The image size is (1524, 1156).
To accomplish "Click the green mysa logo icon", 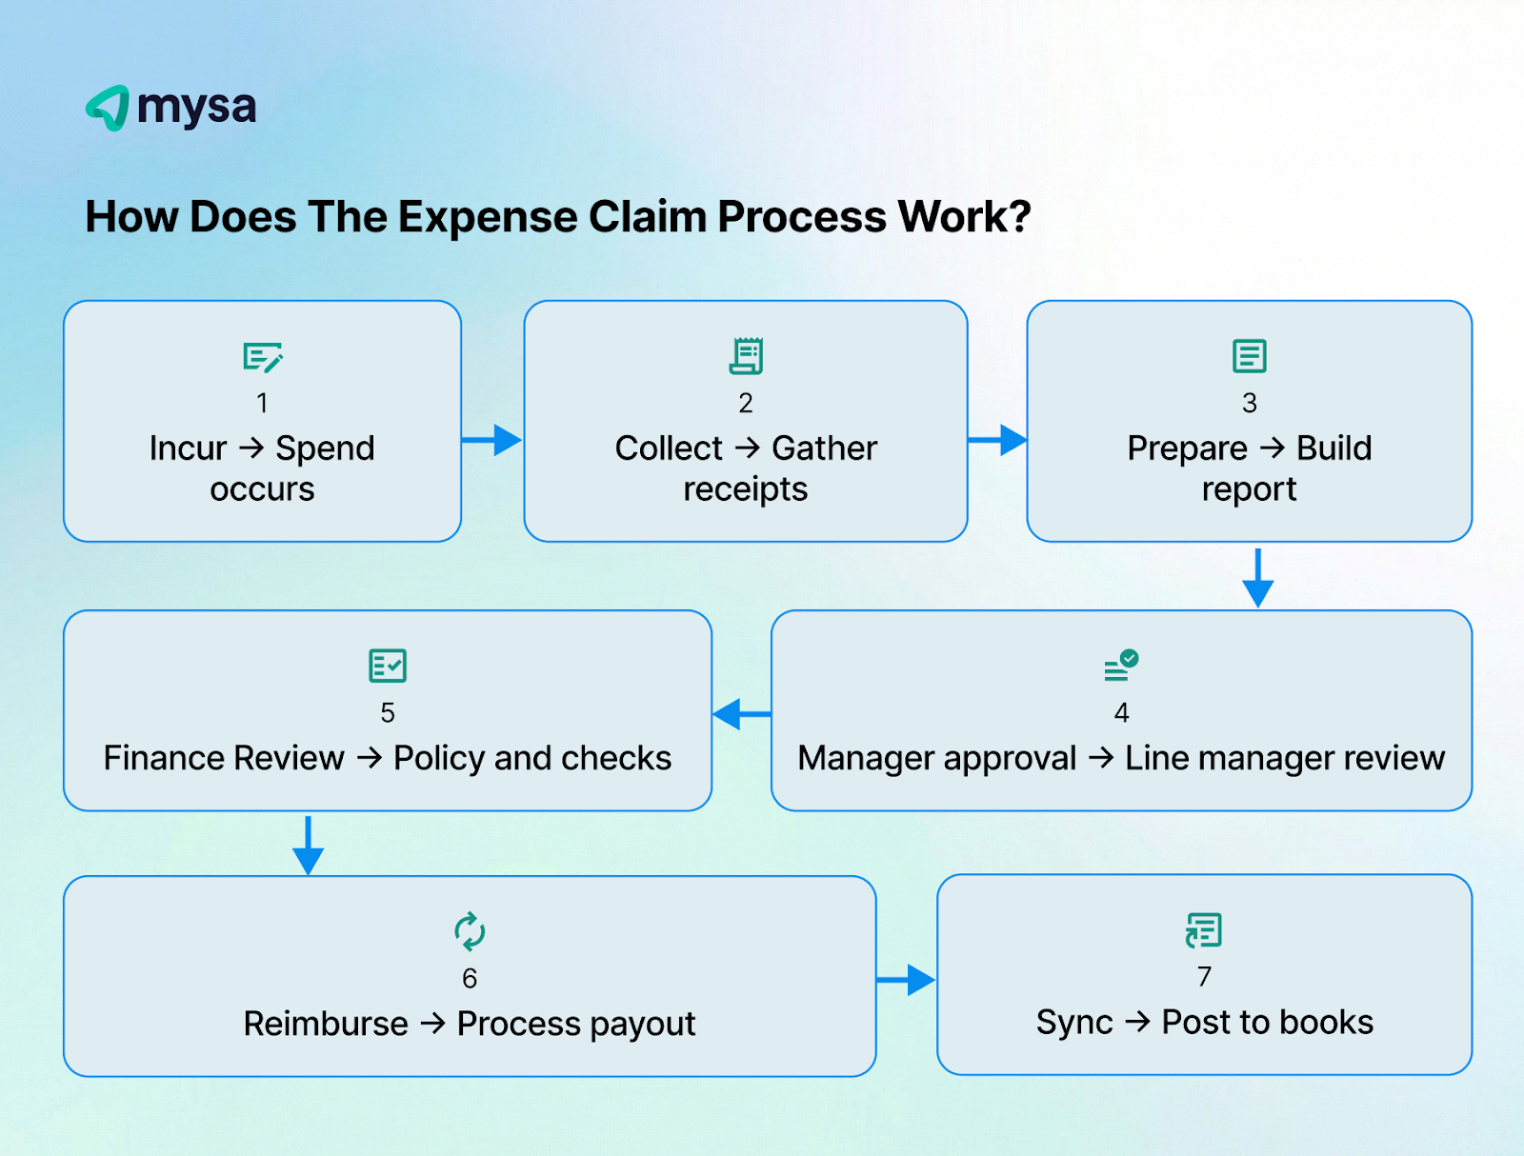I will (109, 108).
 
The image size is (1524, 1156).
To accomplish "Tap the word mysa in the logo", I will (197, 108).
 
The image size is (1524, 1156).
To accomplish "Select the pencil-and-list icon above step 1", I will (262, 357).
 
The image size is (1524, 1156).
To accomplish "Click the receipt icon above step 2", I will (746, 356).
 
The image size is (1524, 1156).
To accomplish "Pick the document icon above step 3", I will (1249, 356).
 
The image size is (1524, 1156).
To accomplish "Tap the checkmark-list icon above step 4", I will (1121, 666).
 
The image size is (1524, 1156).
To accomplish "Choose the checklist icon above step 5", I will (388, 666).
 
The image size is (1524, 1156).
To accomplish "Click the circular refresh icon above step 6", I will (470, 931).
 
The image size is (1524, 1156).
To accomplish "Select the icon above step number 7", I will (1204, 930).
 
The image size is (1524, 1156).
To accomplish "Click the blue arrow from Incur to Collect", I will (492, 440).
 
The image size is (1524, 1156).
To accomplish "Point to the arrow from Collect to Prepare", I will (997, 440).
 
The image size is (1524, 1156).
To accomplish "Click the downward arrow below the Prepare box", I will (1257, 578).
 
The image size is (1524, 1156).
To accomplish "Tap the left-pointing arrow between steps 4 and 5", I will (742, 713).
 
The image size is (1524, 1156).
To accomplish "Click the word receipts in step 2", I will (745, 489).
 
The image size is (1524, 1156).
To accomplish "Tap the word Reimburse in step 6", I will (326, 1024).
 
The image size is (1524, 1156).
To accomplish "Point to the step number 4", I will (1121, 712).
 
